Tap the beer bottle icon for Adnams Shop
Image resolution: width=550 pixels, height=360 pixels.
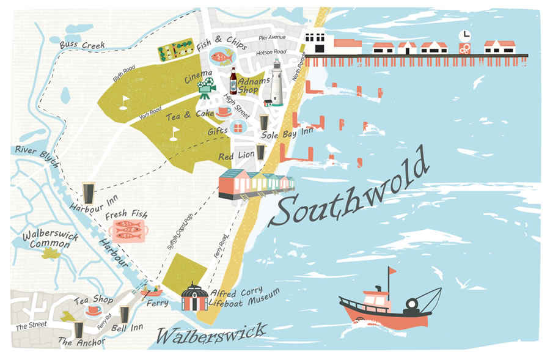coord(233,80)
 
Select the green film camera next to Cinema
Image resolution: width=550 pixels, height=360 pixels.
coord(207,87)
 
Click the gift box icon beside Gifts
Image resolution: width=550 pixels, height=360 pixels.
coord(237,128)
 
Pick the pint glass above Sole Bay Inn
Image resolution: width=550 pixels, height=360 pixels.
coord(264,122)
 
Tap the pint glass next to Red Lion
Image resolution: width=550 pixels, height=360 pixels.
coord(262,151)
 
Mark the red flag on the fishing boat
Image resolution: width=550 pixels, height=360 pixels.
coord(391,271)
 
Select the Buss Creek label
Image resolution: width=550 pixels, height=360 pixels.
coord(82,45)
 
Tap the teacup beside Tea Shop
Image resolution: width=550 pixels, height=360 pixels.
coord(93,310)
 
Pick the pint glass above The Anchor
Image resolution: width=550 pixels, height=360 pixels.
coord(78,329)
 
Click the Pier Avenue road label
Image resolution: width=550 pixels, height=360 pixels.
coord(272,38)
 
